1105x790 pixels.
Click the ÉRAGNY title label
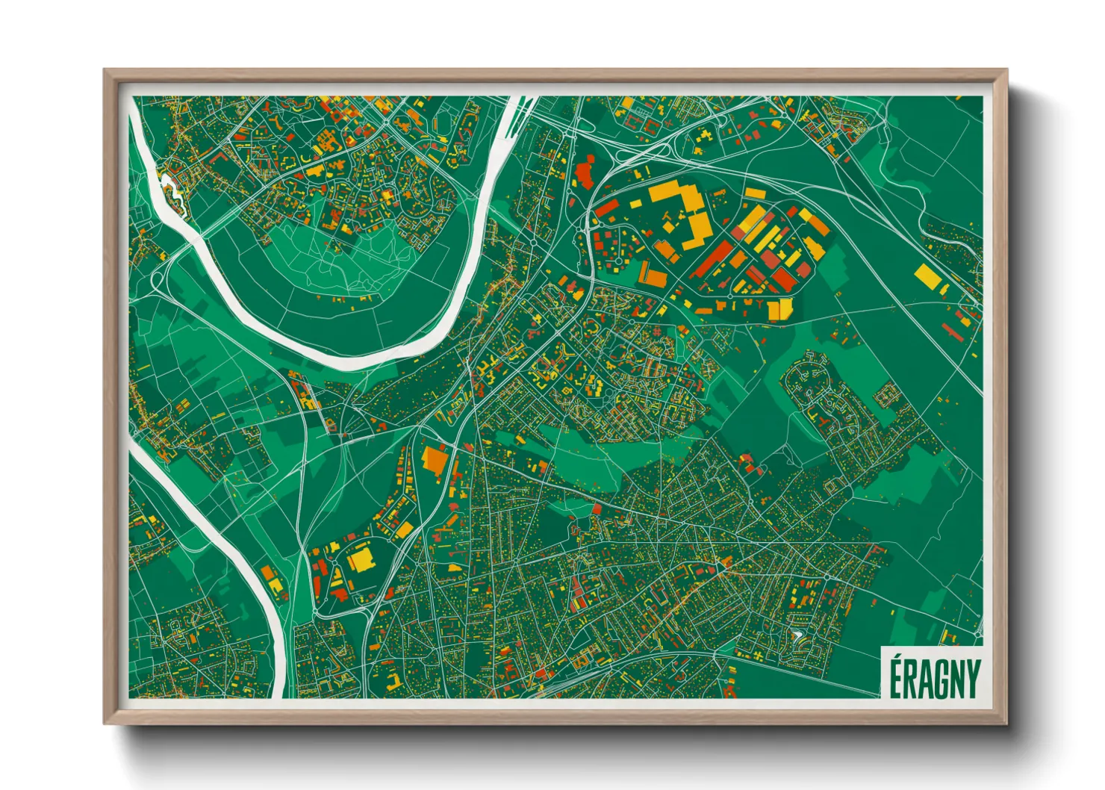click(x=934, y=677)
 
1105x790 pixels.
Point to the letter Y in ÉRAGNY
click(x=972, y=679)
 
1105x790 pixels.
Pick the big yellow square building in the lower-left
click(x=360, y=559)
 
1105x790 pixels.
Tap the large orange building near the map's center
click(x=435, y=458)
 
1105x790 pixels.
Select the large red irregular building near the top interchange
click(x=584, y=174)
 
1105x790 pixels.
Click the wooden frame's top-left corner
click(x=107, y=72)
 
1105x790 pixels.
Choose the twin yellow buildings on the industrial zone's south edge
click(x=779, y=308)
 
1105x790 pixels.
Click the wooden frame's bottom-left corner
click(x=107, y=722)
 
